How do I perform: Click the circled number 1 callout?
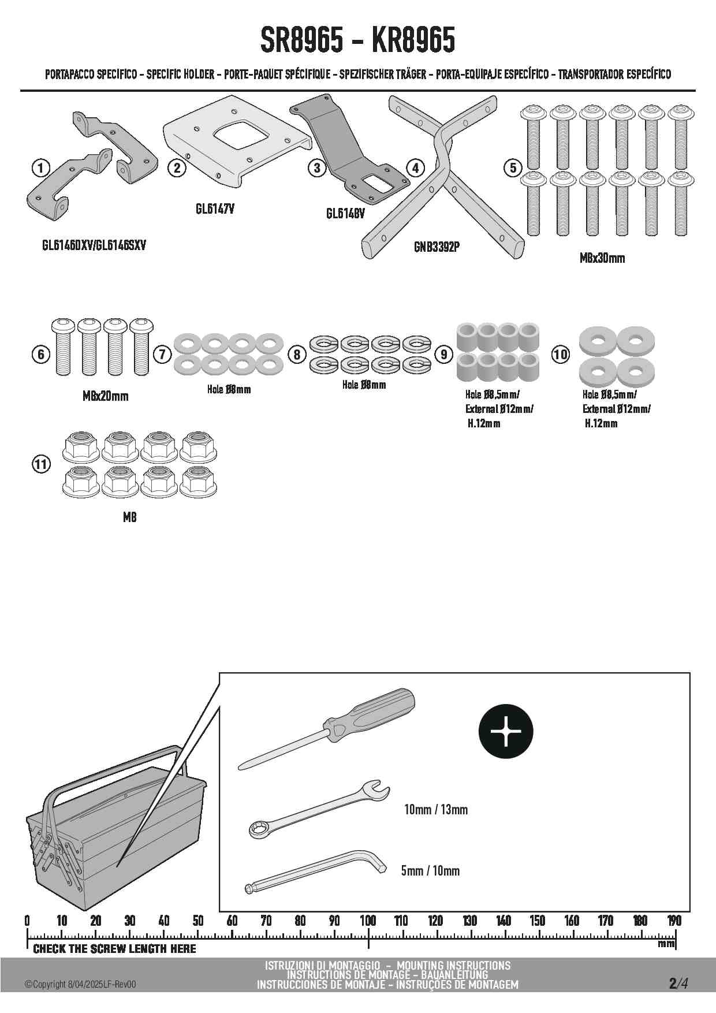click(x=40, y=168)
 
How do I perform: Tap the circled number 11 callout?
click(x=41, y=464)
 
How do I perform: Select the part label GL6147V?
click(x=215, y=209)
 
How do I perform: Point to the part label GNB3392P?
click(x=437, y=247)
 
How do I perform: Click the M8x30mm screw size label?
click(x=602, y=258)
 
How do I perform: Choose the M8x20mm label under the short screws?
click(x=105, y=396)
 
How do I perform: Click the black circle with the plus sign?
click(x=506, y=731)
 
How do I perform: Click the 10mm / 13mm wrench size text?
click(x=436, y=810)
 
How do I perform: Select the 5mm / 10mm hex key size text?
click(x=431, y=870)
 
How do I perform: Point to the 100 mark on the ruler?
click(x=368, y=921)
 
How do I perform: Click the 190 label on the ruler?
click(x=674, y=921)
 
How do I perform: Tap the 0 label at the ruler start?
click(x=27, y=921)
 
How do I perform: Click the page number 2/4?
click(x=678, y=983)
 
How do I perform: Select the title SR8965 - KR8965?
click(x=357, y=40)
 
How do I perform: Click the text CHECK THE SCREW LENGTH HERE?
click(x=114, y=949)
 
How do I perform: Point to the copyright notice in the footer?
click(x=80, y=985)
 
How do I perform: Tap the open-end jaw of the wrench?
click(x=378, y=789)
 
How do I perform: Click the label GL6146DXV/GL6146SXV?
click(x=94, y=245)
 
